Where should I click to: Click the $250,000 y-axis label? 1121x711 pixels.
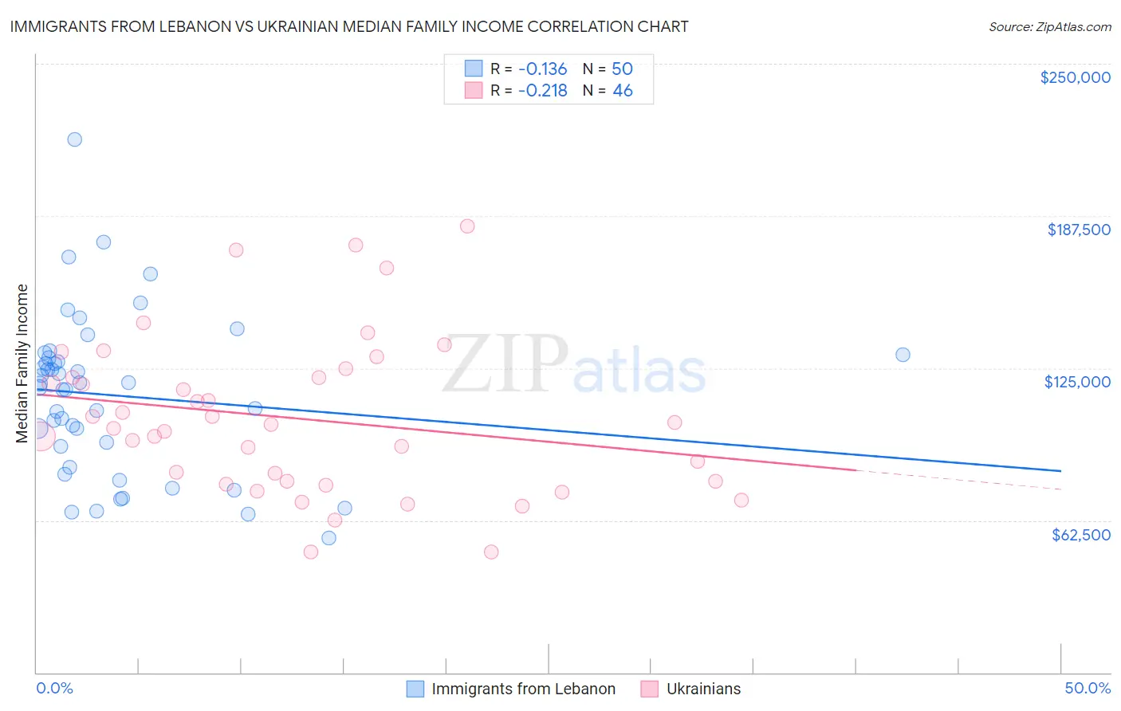tap(1075, 77)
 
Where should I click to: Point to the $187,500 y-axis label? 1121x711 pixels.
tap(1078, 230)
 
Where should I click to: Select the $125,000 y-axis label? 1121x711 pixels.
tap(1077, 382)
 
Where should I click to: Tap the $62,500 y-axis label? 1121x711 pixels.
tap(1080, 535)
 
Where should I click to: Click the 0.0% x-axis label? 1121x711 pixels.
tap(54, 688)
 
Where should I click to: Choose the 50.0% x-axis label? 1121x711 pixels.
tap(1087, 688)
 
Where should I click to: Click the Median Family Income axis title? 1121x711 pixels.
tap(22, 363)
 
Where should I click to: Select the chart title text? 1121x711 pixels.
tap(349, 26)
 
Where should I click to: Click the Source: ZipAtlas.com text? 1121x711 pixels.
tap(1049, 26)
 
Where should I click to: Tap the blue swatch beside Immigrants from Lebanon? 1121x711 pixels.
tap(415, 689)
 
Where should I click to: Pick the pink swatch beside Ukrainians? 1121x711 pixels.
tap(650, 689)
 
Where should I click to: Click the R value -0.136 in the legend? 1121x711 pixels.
tap(542, 69)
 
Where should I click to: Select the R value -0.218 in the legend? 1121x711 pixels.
tap(542, 91)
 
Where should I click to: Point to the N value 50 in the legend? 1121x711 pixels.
tap(622, 69)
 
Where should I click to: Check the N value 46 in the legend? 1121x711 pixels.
tap(622, 91)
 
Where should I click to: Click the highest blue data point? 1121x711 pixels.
tap(75, 139)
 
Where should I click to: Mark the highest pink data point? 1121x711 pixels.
tap(467, 226)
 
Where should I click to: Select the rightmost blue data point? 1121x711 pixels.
tap(903, 355)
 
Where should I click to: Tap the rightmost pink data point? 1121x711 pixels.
tap(741, 501)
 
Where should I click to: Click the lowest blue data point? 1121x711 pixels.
tap(328, 538)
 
